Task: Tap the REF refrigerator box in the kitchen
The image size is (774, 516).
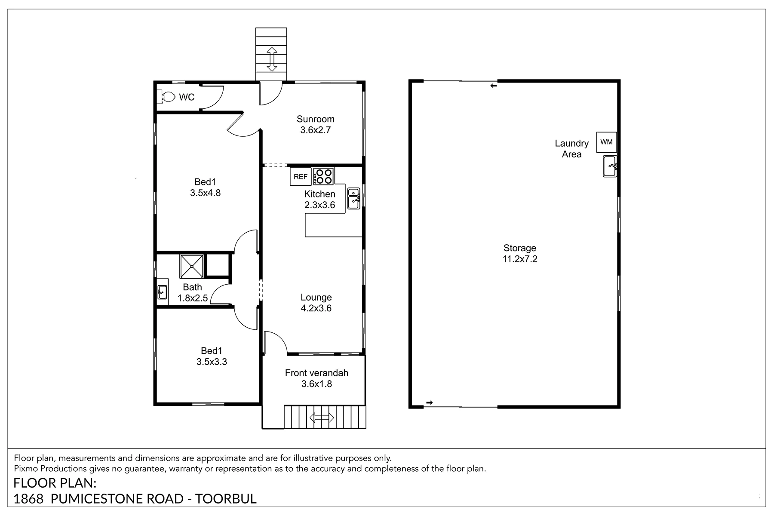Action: pyautogui.click(x=301, y=176)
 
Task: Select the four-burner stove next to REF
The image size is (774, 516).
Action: pyautogui.click(x=323, y=176)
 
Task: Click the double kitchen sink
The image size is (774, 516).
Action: pyautogui.click(x=353, y=199)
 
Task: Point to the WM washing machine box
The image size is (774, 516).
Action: pyautogui.click(x=606, y=142)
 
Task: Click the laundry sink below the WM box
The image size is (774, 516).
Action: pyautogui.click(x=610, y=166)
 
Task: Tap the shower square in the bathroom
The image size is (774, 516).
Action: pyautogui.click(x=192, y=266)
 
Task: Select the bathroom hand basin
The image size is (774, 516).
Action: pyautogui.click(x=162, y=292)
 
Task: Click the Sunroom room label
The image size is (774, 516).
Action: pyautogui.click(x=315, y=119)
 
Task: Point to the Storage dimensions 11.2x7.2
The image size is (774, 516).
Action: pyautogui.click(x=520, y=259)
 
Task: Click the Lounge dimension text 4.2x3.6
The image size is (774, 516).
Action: pyautogui.click(x=316, y=308)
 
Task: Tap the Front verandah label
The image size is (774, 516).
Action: pyautogui.click(x=316, y=373)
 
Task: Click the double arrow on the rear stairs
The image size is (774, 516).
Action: pyautogui.click(x=271, y=59)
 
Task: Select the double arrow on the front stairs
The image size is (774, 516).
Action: pyautogui.click(x=322, y=417)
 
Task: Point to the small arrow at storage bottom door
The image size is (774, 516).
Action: pyautogui.click(x=429, y=402)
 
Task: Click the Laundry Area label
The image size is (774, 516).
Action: pyautogui.click(x=571, y=149)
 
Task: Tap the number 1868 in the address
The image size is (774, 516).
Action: pyautogui.click(x=28, y=499)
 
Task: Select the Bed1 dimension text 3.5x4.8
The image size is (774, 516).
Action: pyautogui.click(x=206, y=193)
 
